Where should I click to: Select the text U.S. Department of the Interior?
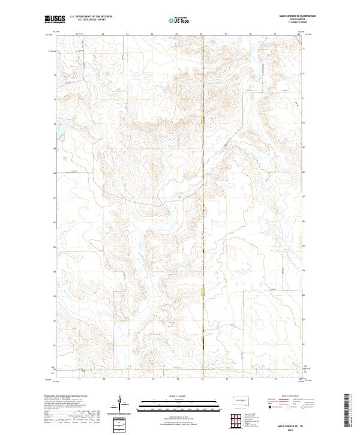click(x=91, y=17)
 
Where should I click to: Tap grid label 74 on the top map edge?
click(x=152, y=35)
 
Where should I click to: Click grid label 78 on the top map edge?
click(x=251, y=35)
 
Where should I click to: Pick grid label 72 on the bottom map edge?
click(x=103, y=379)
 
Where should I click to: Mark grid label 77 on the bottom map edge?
click(x=226, y=379)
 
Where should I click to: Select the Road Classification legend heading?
click(x=285, y=397)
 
